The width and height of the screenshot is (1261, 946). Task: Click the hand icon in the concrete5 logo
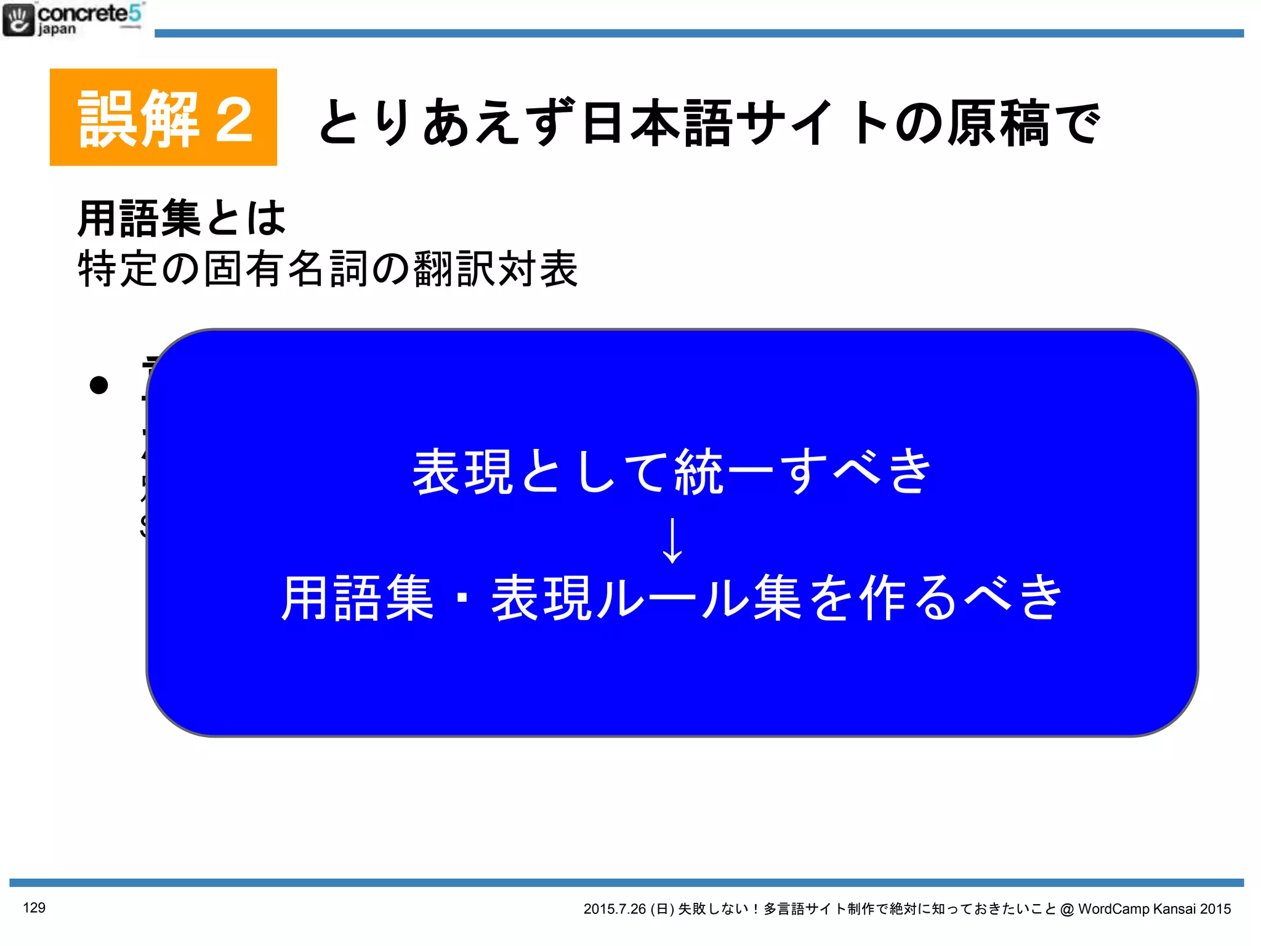(x=18, y=20)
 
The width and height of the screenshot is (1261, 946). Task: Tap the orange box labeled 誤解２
(x=163, y=117)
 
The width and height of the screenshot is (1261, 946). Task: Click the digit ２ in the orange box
(x=234, y=120)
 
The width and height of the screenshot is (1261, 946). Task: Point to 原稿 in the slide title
(x=997, y=123)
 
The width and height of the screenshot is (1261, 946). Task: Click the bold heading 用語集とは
(x=182, y=218)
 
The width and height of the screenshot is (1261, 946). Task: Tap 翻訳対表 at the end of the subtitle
(x=496, y=269)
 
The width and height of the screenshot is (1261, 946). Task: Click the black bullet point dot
(x=99, y=386)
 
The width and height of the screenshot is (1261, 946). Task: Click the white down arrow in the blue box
(x=672, y=540)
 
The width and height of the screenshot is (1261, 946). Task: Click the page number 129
(x=34, y=908)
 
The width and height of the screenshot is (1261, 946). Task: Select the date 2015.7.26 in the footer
(x=614, y=909)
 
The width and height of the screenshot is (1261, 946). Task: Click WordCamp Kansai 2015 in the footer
(x=1154, y=909)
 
